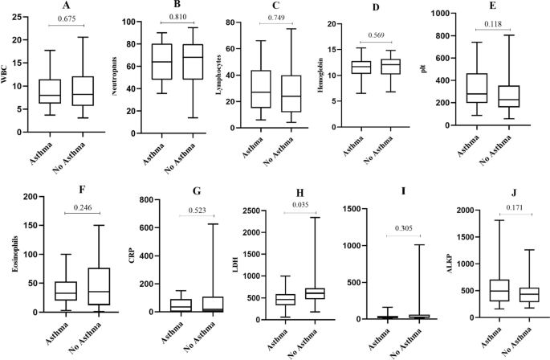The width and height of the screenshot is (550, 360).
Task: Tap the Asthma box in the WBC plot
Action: tap(50, 92)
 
